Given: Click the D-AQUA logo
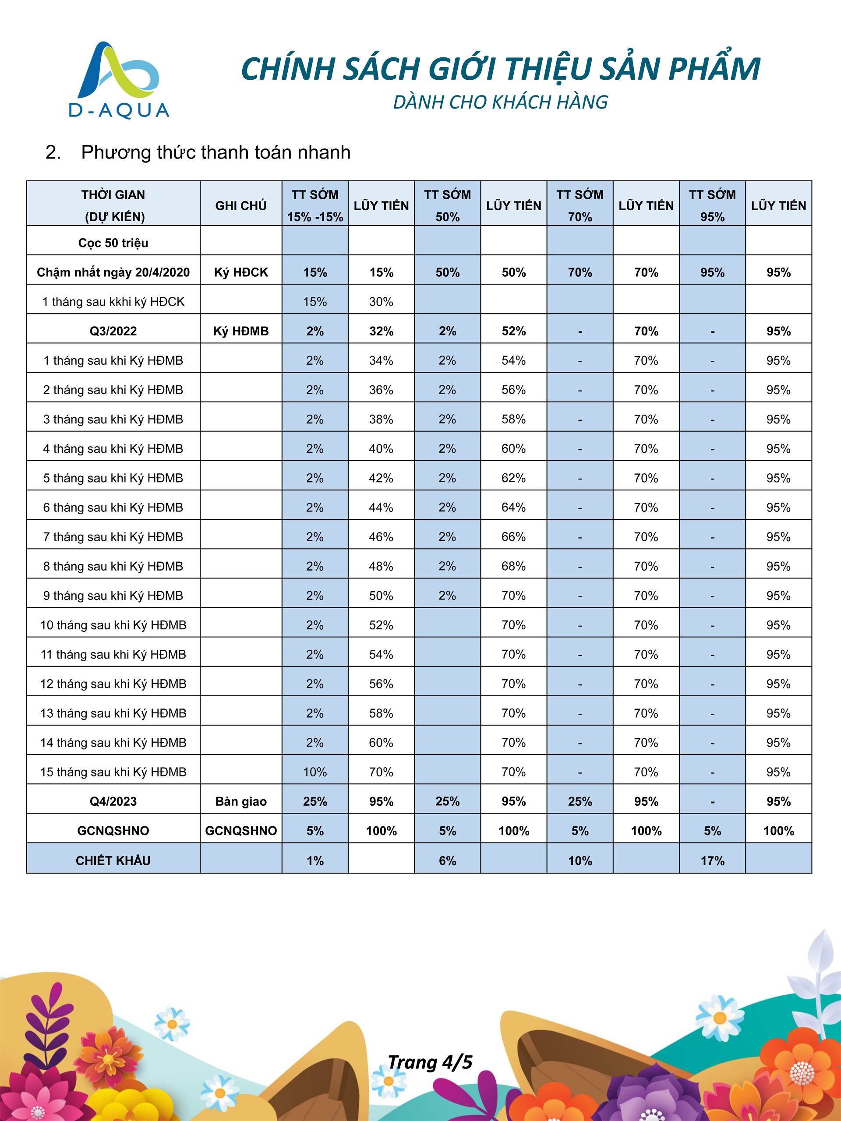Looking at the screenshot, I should pos(119,80).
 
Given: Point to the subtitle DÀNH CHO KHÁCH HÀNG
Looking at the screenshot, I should pos(500,102).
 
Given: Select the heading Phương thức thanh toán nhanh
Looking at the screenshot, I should pos(216,152).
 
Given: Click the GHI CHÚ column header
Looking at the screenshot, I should pos(241,206).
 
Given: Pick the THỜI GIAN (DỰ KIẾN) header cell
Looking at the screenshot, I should pos(113,205).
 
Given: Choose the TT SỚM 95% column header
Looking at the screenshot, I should pos(712,205).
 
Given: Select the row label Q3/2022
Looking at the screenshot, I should pos(113,331).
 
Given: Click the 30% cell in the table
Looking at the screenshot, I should pos(381,302).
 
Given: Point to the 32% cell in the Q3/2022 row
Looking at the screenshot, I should pos(381,331).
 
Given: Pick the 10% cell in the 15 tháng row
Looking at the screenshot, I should pos(315,772).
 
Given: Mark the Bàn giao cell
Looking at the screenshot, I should pos(241,801).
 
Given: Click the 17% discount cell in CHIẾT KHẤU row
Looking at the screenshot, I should pos(712,860).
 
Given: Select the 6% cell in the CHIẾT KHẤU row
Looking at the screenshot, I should pos(447,860).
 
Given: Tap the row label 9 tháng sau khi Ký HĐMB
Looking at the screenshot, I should pos(113,596).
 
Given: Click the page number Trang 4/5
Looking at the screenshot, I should pos(430,1062).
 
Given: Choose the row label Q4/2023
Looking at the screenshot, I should pos(113,801).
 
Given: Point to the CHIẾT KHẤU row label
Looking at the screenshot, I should pos(113,860).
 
